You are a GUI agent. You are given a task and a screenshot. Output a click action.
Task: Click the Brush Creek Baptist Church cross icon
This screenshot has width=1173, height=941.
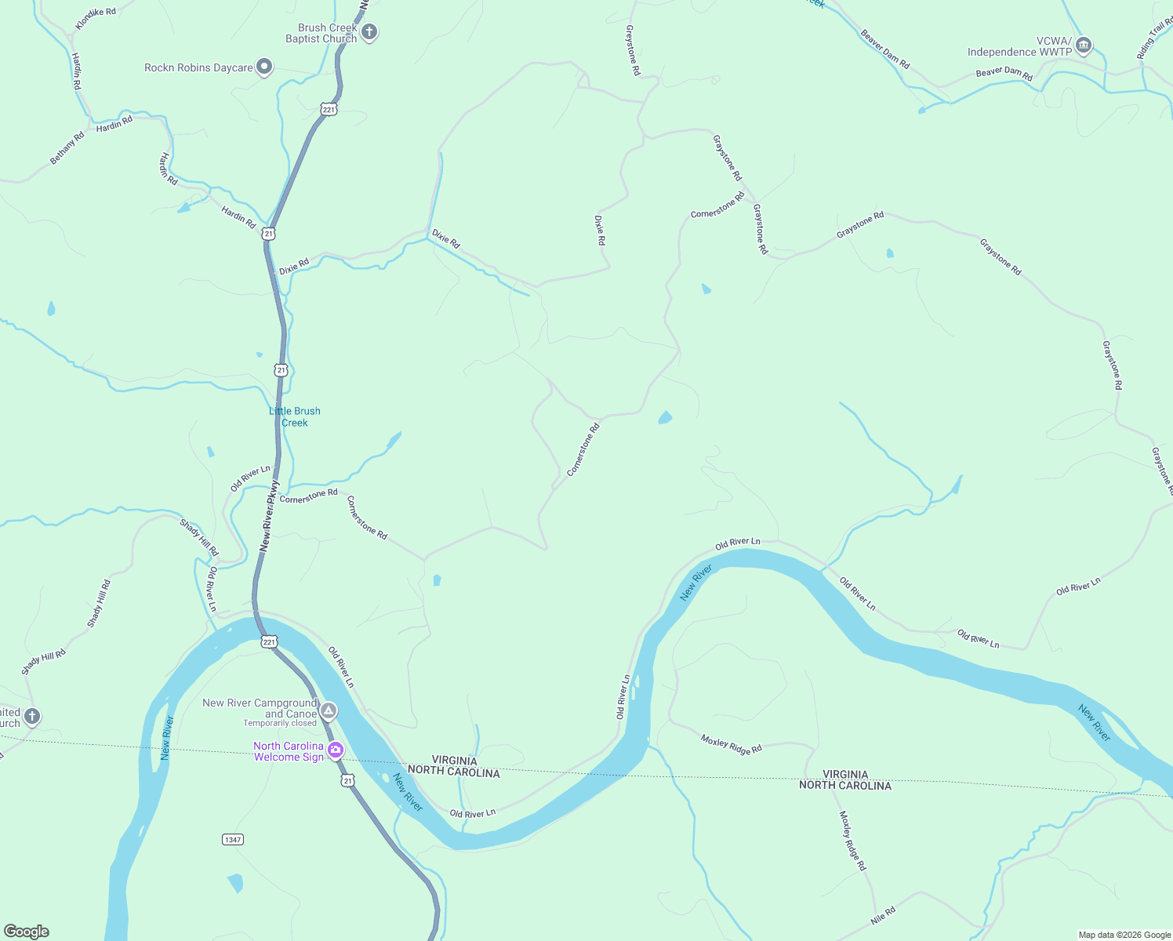pyautogui.click(x=369, y=32)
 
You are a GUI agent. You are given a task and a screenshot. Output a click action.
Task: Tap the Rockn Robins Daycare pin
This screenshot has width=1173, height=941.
pyautogui.click(x=264, y=67)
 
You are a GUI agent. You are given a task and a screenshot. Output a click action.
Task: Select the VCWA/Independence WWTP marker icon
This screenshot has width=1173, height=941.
pyautogui.click(x=1084, y=45)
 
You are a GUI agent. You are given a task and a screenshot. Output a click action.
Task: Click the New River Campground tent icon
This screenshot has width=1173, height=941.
pyautogui.click(x=329, y=710)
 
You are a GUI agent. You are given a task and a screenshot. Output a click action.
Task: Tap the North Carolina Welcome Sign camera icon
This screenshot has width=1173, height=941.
pyautogui.click(x=336, y=750)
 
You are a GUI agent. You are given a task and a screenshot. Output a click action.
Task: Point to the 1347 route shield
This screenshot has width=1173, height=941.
pyautogui.click(x=233, y=839)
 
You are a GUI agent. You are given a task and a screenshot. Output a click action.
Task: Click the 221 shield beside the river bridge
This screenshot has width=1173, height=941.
pyautogui.click(x=269, y=641)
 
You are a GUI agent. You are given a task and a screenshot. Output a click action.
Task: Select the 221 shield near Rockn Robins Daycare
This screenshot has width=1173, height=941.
pyautogui.click(x=329, y=110)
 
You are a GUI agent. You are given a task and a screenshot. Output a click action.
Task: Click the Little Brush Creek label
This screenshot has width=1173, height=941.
pyautogui.click(x=295, y=416)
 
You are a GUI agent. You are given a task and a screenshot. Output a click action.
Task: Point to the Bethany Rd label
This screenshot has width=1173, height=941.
pyautogui.click(x=67, y=148)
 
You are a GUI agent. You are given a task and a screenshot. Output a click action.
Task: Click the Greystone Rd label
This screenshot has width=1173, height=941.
pyautogui.click(x=632, y=50)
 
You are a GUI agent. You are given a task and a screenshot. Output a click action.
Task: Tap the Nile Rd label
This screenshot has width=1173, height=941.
pyautogui.click(x=883, y=915)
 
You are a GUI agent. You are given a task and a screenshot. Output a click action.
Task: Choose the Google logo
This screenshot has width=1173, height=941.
pyautogui.click(x=27, y=932)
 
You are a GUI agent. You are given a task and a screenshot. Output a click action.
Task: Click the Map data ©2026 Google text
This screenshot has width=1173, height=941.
pyautogui.click(x=1124, y=935)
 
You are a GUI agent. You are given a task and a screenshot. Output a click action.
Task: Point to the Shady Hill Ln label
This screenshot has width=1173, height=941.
pyautogui.click(x=199, y=537)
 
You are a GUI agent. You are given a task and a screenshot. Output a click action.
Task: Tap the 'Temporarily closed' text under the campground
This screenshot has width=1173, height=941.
pyautogui.click(x=280, y=724)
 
